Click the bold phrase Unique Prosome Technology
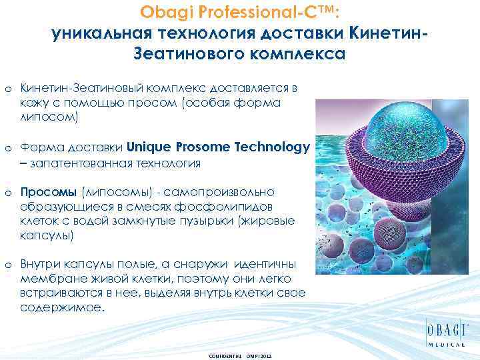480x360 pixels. pyautogui.click(x=218, y=147)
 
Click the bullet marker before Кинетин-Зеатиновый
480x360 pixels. pyautogui.click(x=7, y=89)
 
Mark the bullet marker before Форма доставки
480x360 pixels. pyautogui.click(x=7, y=148)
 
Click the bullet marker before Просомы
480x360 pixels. pyautogui.click(x=7, y=192)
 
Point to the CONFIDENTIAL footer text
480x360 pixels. pyautogui.click(x=225, y=357)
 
